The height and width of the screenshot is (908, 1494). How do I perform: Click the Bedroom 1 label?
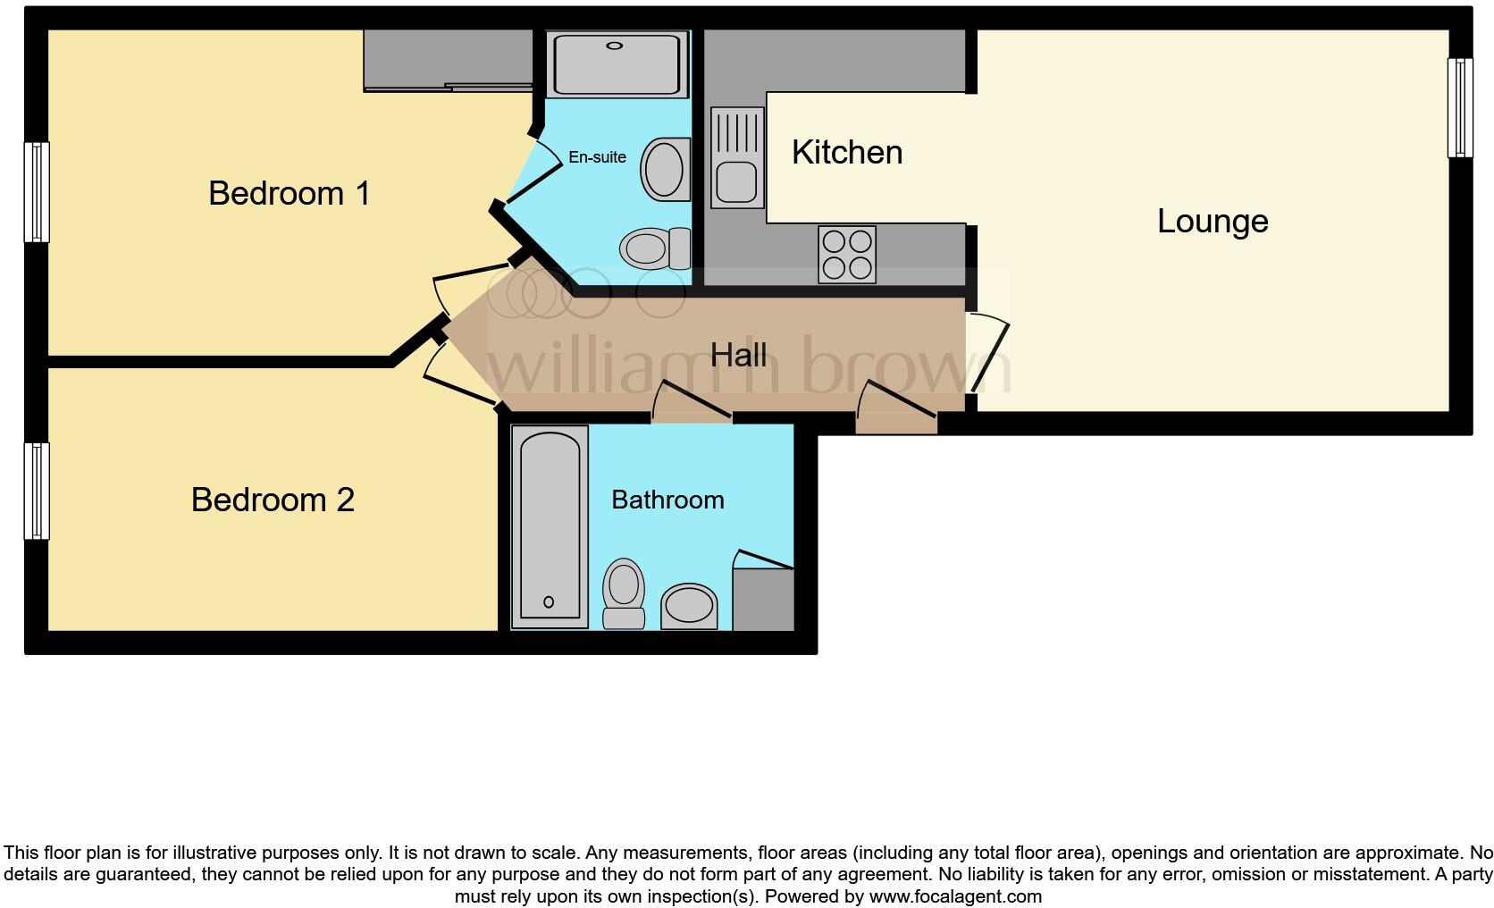click(x=289, y=193)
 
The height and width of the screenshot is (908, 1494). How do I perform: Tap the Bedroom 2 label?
click(x=273, y=500)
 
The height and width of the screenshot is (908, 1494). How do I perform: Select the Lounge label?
click(x=1213, y=221)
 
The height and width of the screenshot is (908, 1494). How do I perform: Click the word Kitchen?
click(x=847, y=152)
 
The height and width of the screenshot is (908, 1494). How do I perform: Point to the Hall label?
click(x=738, y=355)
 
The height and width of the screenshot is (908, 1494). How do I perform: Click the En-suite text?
click(x=597, y=157)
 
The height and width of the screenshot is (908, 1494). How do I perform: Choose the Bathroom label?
click(x=667, y=500)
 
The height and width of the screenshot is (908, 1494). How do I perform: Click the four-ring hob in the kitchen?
click(x=847, y=255)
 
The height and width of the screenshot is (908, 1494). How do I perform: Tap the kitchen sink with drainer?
click(x=738, y=157)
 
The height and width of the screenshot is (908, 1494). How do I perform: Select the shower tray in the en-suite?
click(x=617, y=63)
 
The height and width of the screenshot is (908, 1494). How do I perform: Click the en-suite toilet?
click(x=655, y=247)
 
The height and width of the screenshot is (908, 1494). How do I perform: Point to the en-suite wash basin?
click(x=666, y=168)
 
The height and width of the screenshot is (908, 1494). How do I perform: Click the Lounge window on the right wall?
click(x=1460, y=107)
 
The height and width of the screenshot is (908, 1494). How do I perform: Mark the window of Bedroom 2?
click(x=36, y=492)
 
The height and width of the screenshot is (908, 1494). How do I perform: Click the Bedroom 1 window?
click(x=36, y=192)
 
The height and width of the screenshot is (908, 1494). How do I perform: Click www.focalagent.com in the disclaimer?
click(x=954, y=895)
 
